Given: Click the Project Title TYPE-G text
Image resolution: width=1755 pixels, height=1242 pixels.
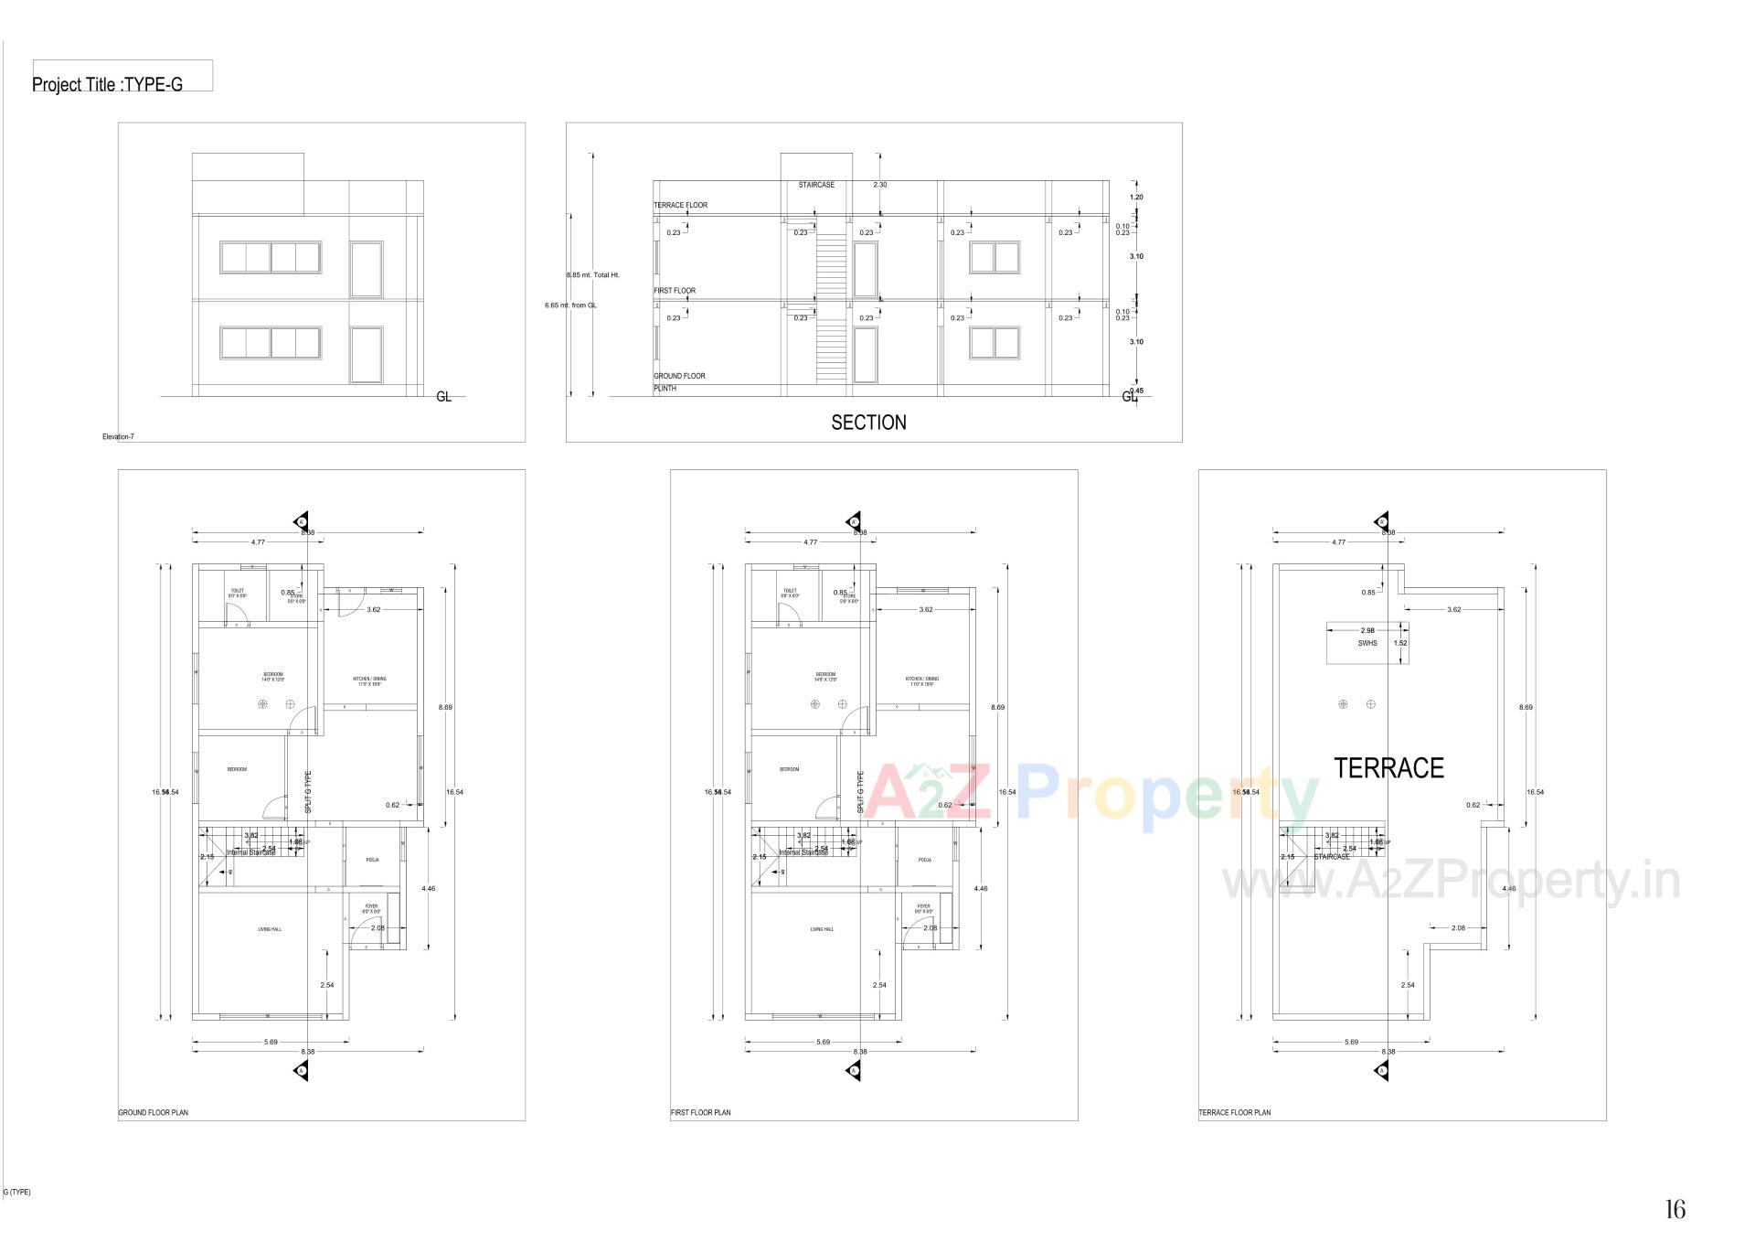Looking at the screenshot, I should (x=107, y=84).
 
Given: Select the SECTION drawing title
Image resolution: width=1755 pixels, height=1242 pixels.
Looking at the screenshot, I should (x=868, y=423).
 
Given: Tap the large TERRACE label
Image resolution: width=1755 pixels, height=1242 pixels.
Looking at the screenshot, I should (x=1388, y=768).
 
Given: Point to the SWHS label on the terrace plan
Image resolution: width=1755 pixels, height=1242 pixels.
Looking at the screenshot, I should (x=1367, y=643).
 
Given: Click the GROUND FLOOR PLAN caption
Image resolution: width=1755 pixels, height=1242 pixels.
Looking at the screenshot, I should (x=154, y=1113).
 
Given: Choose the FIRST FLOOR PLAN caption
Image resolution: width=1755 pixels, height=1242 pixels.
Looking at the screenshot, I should (x=700, y=1113).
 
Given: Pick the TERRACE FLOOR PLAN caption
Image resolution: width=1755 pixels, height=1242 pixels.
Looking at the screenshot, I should (x=1234, y=1113).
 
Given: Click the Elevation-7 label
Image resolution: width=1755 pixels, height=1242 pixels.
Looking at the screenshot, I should (x=118, y=437).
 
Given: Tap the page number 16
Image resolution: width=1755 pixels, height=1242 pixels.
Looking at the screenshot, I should (x=1675, y=1209).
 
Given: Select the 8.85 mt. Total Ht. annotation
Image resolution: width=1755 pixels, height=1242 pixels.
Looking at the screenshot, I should (x=592, y=274).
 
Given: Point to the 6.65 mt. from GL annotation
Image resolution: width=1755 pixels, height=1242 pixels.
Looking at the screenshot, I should (x=570, y=305).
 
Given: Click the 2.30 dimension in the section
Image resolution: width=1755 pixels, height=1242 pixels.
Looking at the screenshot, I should (x=879, y=185).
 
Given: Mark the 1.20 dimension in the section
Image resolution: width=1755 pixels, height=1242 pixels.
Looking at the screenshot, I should (x=1136, y=198).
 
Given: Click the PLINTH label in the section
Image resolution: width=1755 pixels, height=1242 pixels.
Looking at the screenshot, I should (x=665, y=389).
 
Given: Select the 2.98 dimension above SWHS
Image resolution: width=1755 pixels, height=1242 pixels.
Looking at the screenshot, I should (x=1367, y=630).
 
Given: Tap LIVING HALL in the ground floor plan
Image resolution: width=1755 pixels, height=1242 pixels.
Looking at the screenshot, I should (x=270, y=929).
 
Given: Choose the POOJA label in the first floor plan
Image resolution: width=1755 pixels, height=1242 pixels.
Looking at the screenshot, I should (x=925, y=860).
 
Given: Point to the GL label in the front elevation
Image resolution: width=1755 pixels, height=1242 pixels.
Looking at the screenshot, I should (x=443, y=397).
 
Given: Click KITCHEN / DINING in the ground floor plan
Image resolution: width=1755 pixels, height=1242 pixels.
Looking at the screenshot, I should (x=370, y=680).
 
